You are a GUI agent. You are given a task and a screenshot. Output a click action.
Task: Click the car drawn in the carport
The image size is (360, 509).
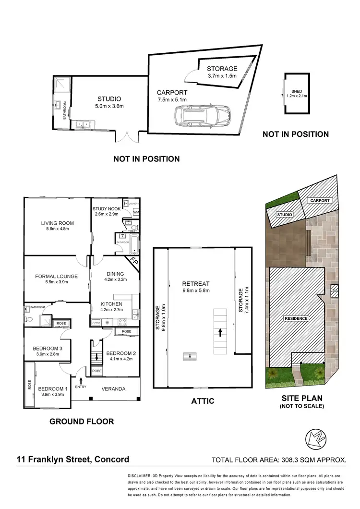coord(203,116)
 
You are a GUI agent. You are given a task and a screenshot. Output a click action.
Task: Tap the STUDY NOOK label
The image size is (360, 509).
coord(108,209)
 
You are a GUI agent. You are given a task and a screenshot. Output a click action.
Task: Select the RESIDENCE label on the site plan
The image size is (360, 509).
coord(296,318)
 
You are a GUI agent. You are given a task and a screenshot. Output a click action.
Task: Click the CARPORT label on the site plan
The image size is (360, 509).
coord(319,200)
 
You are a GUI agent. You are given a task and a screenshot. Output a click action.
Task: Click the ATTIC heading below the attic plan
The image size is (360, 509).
coord(202,401)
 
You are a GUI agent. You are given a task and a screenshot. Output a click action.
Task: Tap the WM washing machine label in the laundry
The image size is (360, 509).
coord(136,212)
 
